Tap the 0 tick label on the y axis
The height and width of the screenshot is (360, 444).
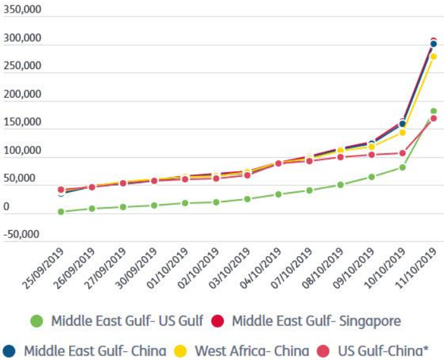(6, 207)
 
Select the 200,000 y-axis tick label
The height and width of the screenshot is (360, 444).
(22, 94)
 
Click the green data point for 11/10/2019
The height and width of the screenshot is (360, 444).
(434, 111)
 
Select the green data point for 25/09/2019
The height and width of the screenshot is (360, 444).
(61, 212)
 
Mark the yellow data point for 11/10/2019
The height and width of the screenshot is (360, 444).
(434, 56)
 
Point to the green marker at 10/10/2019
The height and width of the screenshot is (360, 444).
(403, 167)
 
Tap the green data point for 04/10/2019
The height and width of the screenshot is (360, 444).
(278, 195)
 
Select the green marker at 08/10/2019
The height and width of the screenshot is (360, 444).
(341, 185)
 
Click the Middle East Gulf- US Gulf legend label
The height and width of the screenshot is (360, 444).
(127, 321)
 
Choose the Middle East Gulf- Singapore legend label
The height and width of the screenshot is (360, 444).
(316, 321)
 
